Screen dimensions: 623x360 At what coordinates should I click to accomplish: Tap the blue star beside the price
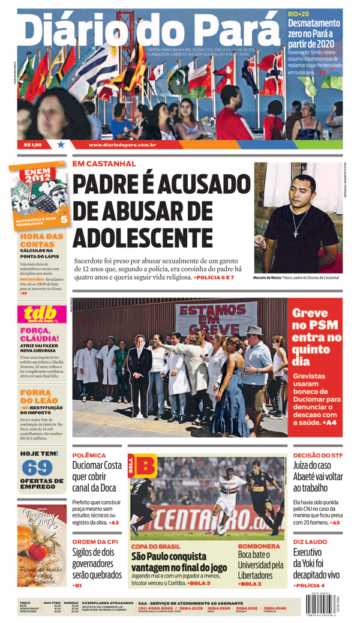(61, 145)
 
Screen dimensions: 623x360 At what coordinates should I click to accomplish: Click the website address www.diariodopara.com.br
(122, 145)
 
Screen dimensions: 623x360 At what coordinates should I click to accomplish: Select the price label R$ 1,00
(32, 145)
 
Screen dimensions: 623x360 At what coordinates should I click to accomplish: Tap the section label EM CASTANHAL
(104, 163)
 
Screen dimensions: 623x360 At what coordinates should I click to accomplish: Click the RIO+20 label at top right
(298, 13)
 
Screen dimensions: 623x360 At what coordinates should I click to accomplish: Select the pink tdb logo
(41, 315)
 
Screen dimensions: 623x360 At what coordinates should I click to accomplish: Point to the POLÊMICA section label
(89, 456)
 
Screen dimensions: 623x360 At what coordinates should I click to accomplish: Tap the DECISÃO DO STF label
(317, 456)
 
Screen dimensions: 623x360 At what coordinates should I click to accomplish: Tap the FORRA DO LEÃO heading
(38, 396)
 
